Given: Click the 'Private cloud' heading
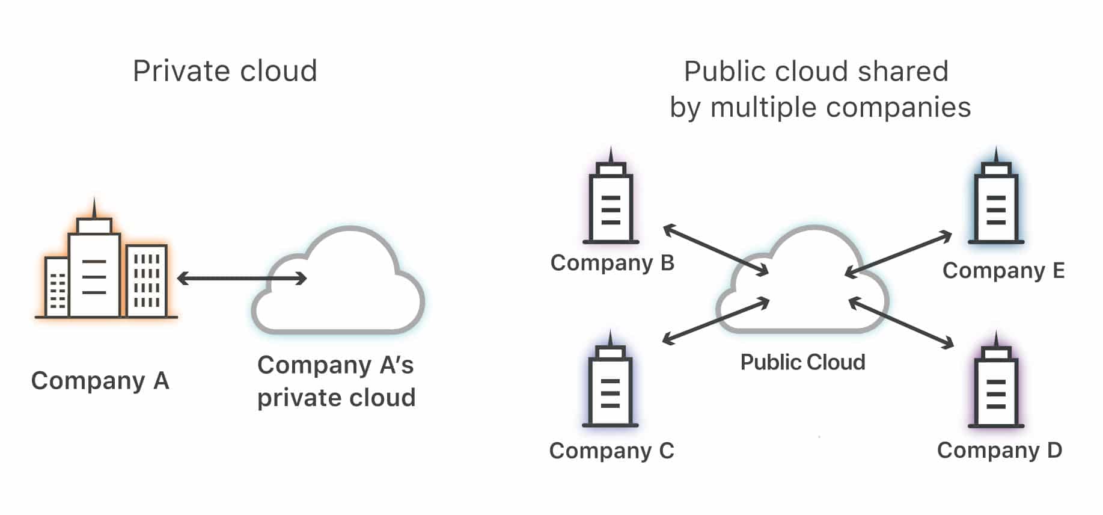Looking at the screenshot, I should click(x=225, y=71).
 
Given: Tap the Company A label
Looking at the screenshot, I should click(x=100, y=381).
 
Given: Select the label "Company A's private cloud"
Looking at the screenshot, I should click(x=336, y=381).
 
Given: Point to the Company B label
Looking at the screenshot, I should click(x=612, y=263).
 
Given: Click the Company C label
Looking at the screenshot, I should click(x=611, y=451).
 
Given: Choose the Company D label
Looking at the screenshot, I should click(x=999, y=450).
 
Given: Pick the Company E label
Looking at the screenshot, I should click(x=1003, y=271).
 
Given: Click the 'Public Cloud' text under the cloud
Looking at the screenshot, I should click(x=802, y=362).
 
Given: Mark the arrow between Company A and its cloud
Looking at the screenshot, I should click(x=242, y=278).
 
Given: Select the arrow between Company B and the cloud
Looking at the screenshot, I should click(x=715, y=250).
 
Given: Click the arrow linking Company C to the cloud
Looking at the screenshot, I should click(x=715, y=321).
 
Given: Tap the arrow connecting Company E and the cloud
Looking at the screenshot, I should click(x=898, y=254).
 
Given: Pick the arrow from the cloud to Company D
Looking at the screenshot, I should click(x=901, y=322).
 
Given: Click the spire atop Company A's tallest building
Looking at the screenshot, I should click(x=94, y=208).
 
